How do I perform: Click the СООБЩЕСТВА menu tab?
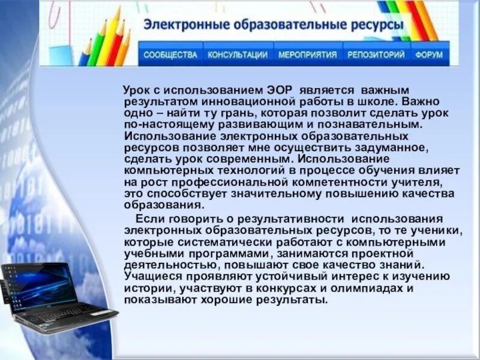point(170,55)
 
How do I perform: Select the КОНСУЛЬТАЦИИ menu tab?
point(238,55)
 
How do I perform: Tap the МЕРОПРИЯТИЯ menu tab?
point(307,55)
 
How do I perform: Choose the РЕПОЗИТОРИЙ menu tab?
point(376,55)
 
